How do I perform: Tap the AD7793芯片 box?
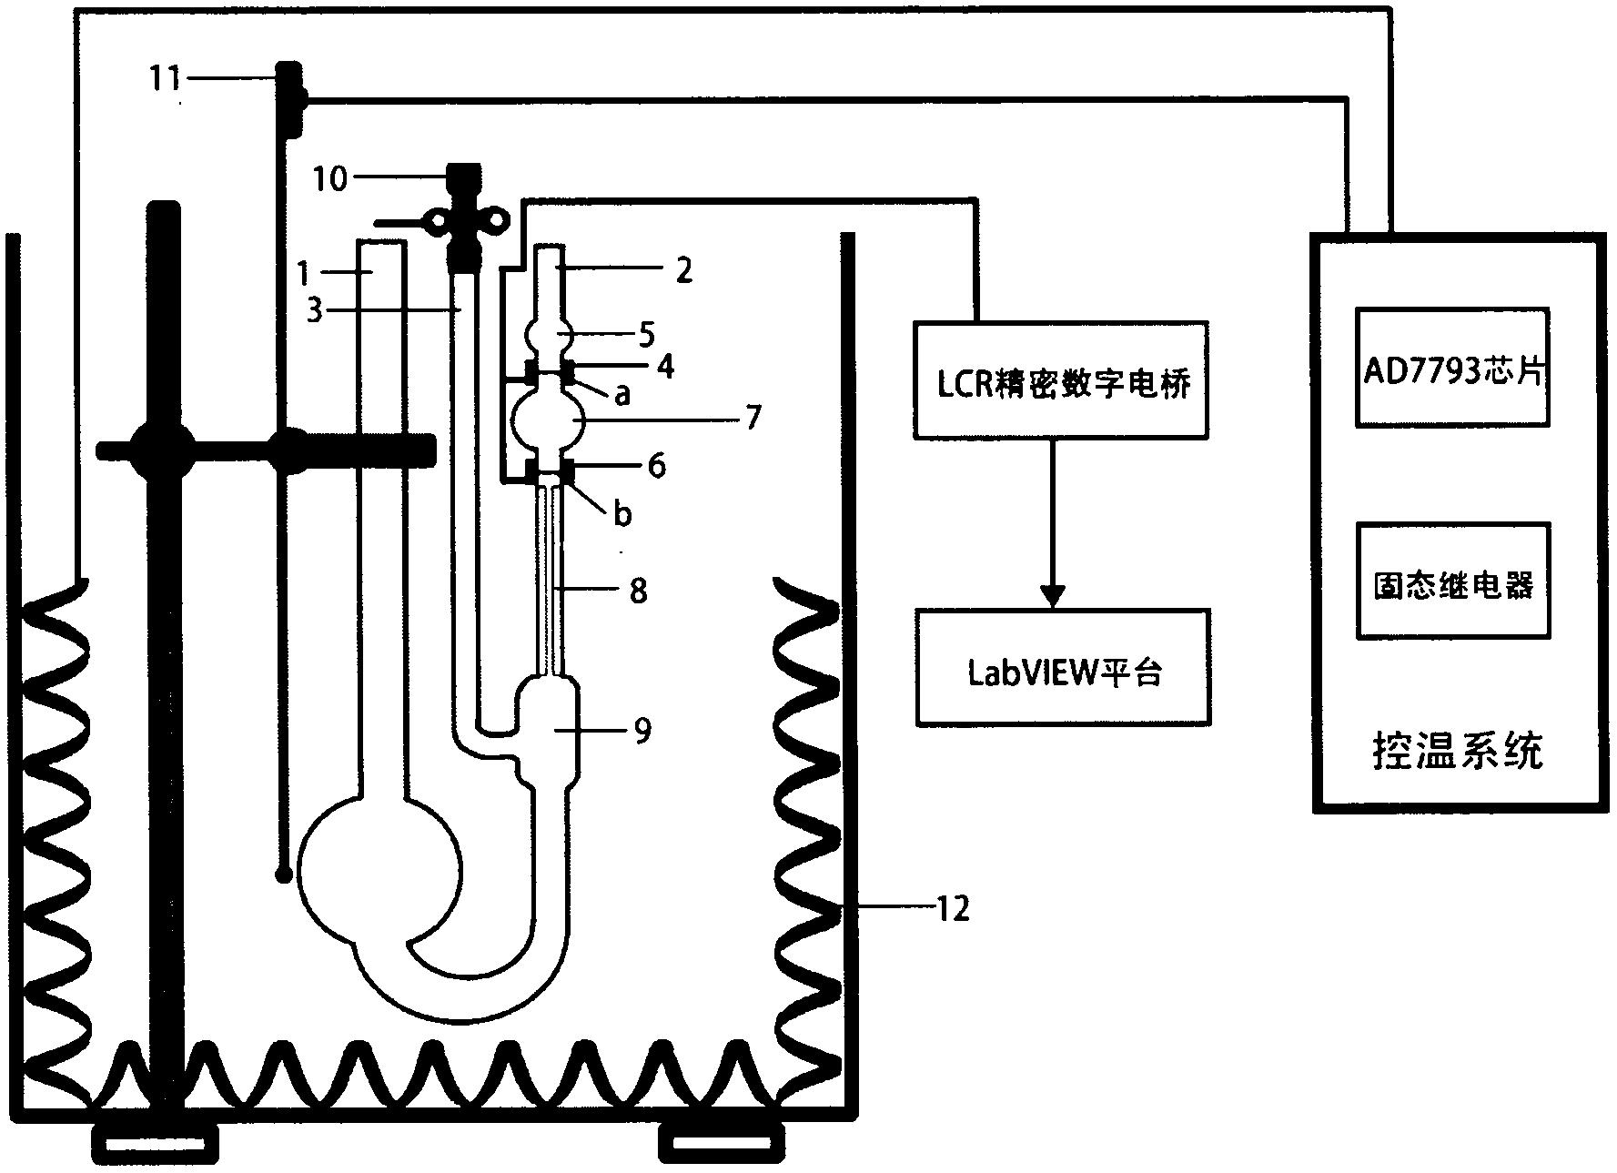click(x=1452, y=368)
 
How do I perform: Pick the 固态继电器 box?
click(x=1452, y=581)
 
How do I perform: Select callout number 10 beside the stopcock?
click(x=330, y=178)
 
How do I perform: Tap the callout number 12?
click(x=952, y=907)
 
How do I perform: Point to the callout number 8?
click(x=639, y=591)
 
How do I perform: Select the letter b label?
click(x=622, y=514)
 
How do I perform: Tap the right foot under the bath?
click(x=722, y=1142)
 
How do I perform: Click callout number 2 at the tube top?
click(x=684, y=269)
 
